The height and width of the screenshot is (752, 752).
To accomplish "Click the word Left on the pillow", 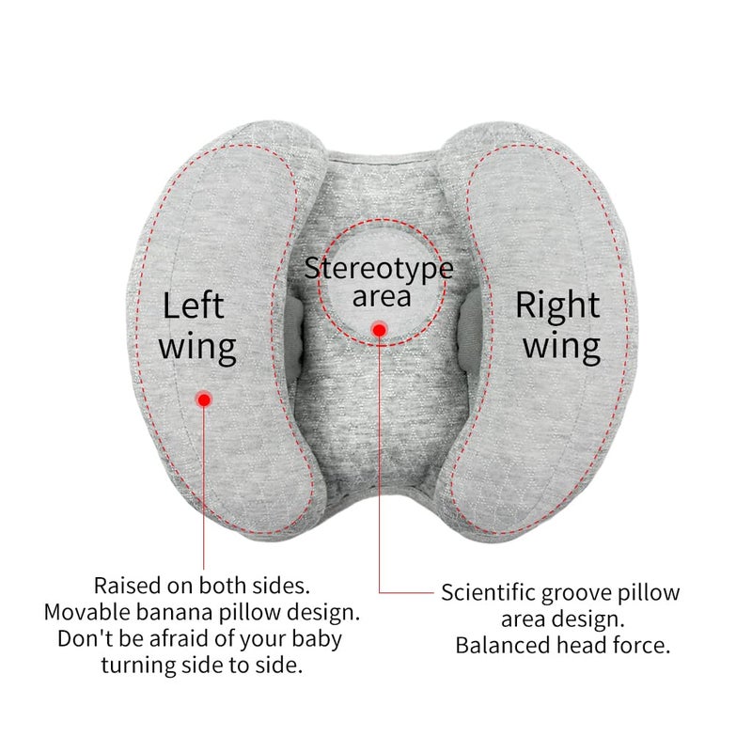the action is (194, 305).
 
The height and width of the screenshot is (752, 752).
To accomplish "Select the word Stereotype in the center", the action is (379, 270).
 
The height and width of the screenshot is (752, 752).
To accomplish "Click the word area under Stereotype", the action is (382, 297).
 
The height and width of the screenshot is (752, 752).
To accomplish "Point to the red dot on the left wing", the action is (204, 399).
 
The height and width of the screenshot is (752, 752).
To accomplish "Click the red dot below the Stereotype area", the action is (380, 330).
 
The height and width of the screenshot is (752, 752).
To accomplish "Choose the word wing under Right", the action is (561, 348).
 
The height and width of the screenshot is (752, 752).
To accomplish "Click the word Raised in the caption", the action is (127, 586).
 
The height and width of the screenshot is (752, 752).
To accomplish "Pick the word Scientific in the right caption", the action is (488, 593).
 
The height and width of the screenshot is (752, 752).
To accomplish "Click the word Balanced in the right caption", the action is (503, 646).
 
